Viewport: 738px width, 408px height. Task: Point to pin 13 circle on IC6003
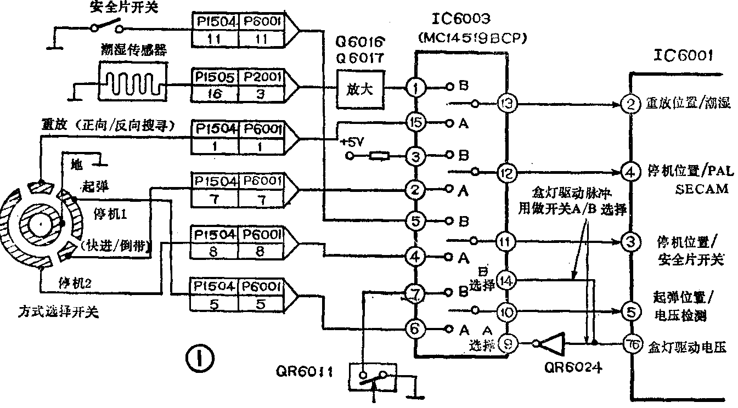pos(505,103)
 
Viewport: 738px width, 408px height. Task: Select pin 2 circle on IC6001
pos(631,103)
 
